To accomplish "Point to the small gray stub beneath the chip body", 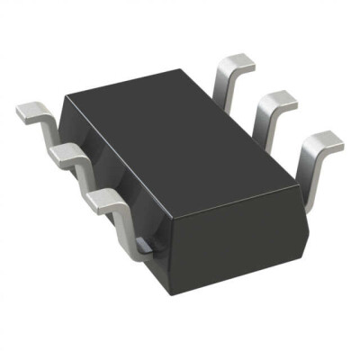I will point(143,244).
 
